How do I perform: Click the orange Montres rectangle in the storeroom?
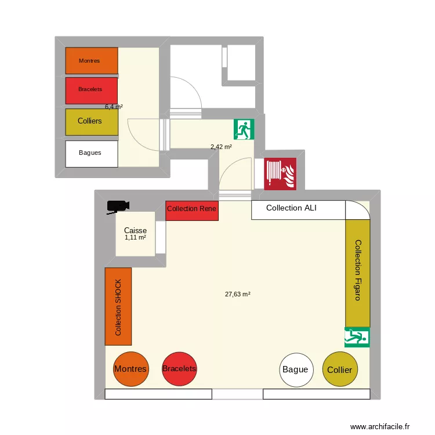(92, 61)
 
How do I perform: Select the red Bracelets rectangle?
(92, 90)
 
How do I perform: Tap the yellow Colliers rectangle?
(92, 122)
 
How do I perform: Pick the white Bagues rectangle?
(92, 154)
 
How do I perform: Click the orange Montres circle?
(130, 369)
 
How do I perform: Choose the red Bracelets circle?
(179, 369)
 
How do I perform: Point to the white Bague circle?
(296, 369)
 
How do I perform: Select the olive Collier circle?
(339, 369)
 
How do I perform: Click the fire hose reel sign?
(281, 173)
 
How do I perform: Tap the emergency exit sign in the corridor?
(244, 129)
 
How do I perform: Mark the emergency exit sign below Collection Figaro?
(357, 337)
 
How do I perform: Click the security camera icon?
(118, 206)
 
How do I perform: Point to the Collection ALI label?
(291, 208)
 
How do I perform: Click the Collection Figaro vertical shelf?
(357, 270)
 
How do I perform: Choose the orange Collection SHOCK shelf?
(118, 307)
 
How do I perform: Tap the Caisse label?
(135, 231)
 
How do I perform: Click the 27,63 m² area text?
(237, 294)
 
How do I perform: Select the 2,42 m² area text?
(221, 147)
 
